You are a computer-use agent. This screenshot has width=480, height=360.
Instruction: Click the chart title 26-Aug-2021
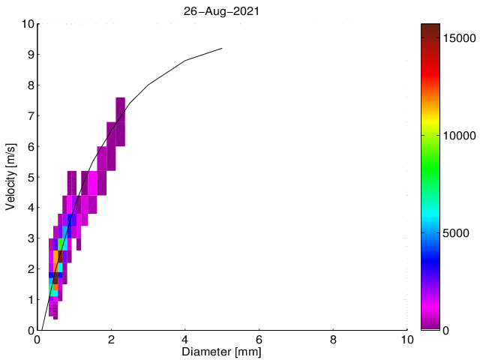(222, 11)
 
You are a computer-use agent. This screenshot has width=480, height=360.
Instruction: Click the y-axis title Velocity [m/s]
(10, 176)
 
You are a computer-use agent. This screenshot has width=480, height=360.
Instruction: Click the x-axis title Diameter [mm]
(222, 351)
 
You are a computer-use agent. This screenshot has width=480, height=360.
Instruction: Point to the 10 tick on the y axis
(27, 24)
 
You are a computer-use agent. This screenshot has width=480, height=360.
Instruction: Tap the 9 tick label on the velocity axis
(30, 55)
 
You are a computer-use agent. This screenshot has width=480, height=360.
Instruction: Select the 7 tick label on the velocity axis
(30, 115)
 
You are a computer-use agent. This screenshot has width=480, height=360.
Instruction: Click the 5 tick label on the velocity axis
(30, 177)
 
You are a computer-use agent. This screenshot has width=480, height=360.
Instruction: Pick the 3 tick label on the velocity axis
(30, 238)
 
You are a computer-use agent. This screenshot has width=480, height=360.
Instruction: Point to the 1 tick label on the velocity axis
(30, 299)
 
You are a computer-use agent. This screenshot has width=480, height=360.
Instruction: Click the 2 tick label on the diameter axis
(111, 339)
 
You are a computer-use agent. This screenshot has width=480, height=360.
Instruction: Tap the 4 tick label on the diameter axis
(185, 339)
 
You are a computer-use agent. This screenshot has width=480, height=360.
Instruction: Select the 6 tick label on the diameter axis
(259, 339)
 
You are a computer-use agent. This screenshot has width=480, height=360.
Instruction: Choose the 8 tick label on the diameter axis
(333, 339)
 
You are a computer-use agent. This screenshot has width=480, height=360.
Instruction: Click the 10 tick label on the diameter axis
(406, 339)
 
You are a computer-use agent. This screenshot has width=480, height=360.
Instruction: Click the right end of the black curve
(222, 48)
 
